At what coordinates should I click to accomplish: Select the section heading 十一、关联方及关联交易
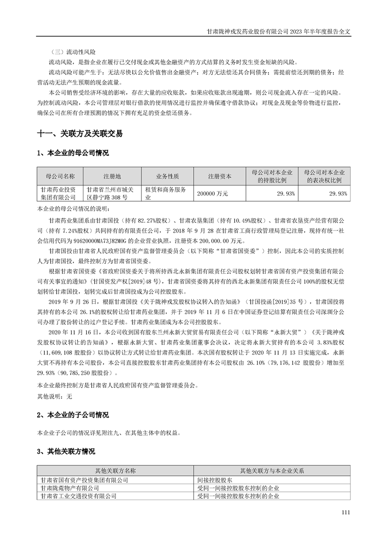[80, 133]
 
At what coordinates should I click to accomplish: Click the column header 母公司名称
[61, 176]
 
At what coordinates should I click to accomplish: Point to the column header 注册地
[112, 176]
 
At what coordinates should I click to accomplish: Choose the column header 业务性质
[167, 176]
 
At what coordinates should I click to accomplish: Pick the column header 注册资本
[220, 176]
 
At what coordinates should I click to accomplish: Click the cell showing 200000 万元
[213, 193]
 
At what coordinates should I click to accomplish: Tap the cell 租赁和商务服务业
[166, 193]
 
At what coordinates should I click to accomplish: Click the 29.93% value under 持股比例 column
[285, 193]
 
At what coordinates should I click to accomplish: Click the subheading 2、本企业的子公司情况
[73, 415]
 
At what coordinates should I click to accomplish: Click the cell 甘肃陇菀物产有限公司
[70, 487]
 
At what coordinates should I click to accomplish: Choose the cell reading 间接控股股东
[214, 480]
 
